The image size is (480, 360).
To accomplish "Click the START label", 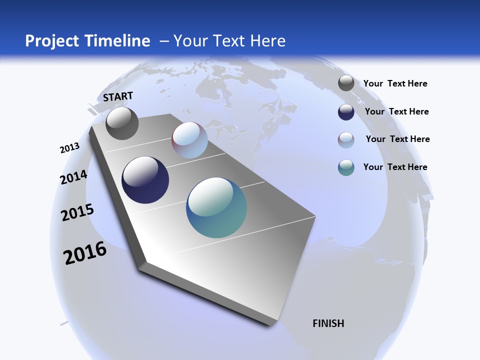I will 118,96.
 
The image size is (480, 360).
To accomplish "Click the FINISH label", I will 328,323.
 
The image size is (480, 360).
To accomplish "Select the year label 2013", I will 69,148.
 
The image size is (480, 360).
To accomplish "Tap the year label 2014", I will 73,177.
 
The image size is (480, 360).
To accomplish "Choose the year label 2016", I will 85,252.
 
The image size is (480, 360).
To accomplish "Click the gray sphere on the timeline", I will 122,123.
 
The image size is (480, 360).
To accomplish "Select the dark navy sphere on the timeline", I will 145,180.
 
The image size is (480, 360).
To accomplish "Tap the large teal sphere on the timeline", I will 216,207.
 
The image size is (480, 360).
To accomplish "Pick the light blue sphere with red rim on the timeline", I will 189,140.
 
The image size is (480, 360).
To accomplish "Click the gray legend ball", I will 346,83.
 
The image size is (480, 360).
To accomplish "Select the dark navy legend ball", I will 346,112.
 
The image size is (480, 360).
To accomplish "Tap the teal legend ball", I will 346,167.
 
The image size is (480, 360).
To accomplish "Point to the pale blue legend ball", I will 346,140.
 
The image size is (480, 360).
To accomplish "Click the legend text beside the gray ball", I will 395,83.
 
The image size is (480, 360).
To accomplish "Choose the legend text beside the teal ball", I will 395,167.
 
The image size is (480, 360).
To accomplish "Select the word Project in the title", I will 52,41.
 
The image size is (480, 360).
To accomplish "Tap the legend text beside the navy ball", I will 396,111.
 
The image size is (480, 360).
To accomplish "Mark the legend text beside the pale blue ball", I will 397,139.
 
